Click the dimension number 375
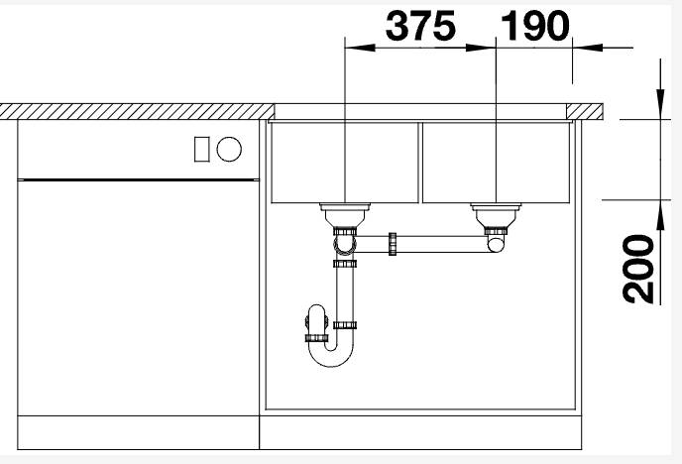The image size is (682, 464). point(420,26)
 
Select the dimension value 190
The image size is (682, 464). point(536,26)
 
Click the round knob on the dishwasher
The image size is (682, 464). point(229,149)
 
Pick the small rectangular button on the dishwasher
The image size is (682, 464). point(202,149)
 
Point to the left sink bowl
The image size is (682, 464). point(343,162)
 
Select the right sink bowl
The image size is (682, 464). point(495,162)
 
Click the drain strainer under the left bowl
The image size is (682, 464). point(344,211)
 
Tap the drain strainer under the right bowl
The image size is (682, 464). point(495,211)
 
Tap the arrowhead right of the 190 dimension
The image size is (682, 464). point(581,46)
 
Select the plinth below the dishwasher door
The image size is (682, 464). point(138,432)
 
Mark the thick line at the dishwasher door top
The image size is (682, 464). point(138,179)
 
